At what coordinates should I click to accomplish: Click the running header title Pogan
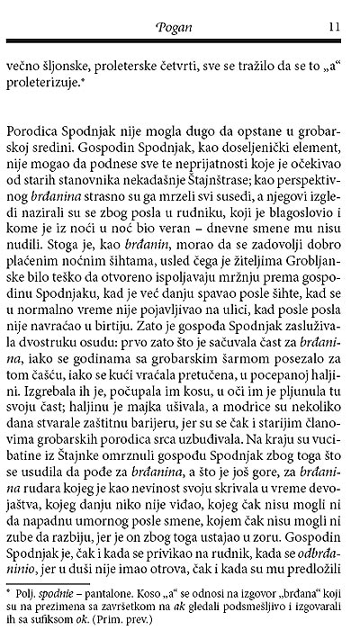[x=180, y=27]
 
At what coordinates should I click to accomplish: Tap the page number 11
[x=333, y=27]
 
